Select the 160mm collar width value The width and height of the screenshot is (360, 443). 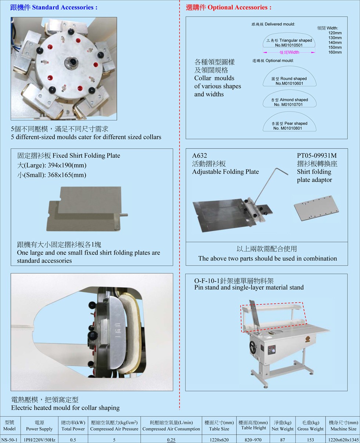[335, 52]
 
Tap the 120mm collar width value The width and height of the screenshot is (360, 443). [335, 33]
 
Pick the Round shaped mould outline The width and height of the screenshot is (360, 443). [289, 67]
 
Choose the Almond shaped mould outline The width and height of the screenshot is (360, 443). [289, 90]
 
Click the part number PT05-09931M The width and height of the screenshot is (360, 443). [317, 156]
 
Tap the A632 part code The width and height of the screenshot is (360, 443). [199, 156]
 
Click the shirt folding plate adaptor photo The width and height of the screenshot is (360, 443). [316, 208]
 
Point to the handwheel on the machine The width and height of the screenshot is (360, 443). [253, 347]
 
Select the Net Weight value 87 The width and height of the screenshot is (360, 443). [282, 440]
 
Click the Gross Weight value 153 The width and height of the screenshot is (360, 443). [310, 440]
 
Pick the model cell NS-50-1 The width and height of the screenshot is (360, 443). [9, 440]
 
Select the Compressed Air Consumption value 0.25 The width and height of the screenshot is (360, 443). [171, 440]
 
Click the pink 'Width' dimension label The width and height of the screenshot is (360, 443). [289, 52]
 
